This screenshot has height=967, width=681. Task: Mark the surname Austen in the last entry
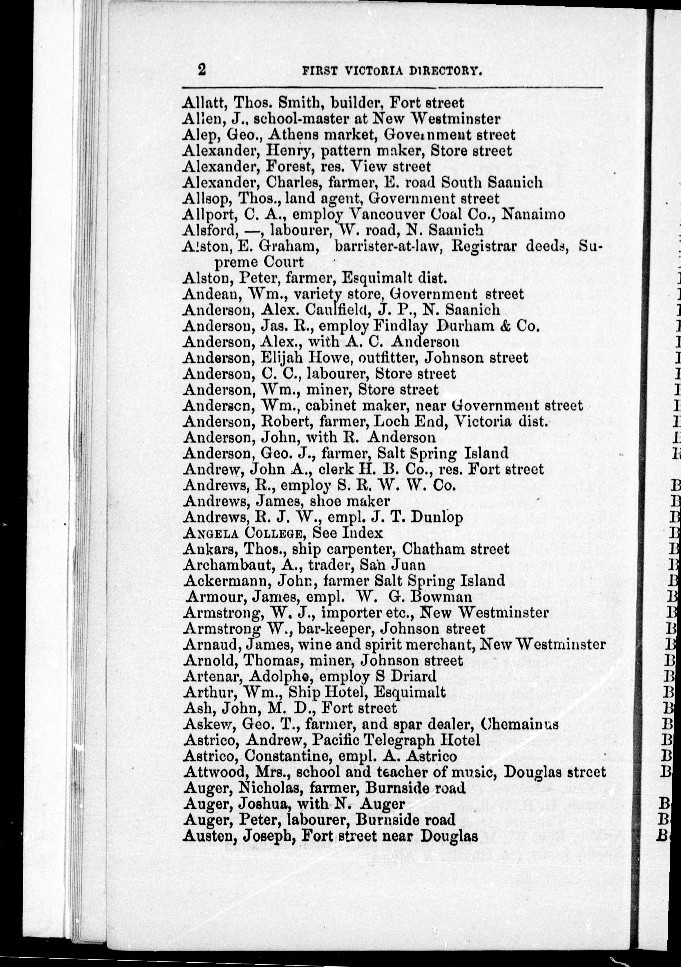pyautogui.click(x=206, y=836)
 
